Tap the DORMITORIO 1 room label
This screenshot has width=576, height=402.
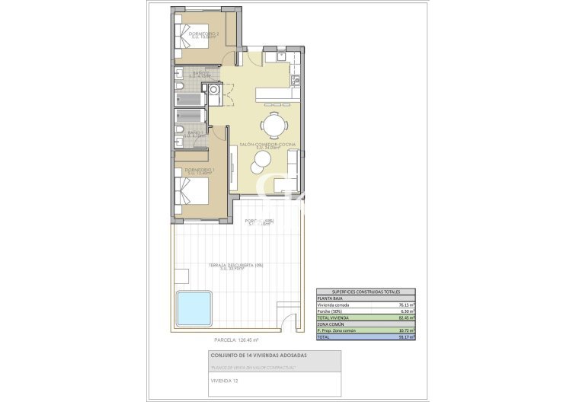[197, 171]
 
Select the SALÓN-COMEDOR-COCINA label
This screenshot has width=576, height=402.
[267, 145]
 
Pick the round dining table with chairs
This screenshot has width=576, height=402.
[274, 123]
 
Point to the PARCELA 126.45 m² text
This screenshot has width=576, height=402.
[236, 340]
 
